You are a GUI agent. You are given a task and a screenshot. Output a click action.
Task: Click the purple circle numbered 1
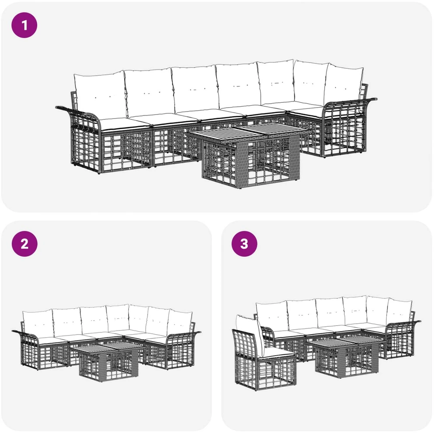(x=24, y=25)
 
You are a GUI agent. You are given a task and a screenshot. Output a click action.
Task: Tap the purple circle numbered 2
(x=24, y=244)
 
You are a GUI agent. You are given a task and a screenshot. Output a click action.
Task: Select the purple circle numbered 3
(x=245, y=244)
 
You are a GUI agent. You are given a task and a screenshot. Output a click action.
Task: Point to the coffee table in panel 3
(x=345, y=356)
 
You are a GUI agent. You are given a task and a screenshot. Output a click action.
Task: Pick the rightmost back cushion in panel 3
(x=399, y=312)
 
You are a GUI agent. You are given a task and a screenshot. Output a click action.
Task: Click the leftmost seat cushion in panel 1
(x=126, y=123)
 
